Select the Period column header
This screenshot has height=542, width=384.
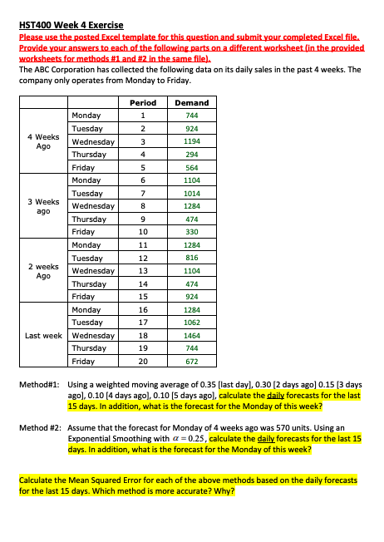pyautogui.click(x=143, y=103)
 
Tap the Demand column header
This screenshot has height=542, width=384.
pyautogui.click(x=192, y=103)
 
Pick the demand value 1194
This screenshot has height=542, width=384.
pyautogui.click(x=192, y=141)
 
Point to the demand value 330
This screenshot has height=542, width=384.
pyautogui.click(x=192, y=232)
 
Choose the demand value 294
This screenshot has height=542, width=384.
pyautogui.click(x=192, y=155)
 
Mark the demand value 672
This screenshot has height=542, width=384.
pyautogui.click(x=192, y=362)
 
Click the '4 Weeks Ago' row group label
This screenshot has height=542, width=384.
pyautogui.click(x=42, y=141)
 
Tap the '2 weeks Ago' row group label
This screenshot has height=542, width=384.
pyautogui.click(x=42, y=270)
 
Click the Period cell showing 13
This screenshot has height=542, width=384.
pyautogui.click(x=143, y=270)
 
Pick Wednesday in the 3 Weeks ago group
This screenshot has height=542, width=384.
pyautogui.click(x=93, y=206)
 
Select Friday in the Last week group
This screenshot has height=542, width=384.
pyautogui.click(x=83, y=362)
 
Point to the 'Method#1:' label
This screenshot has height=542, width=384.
pyautogui.click(x=39, y=386)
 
